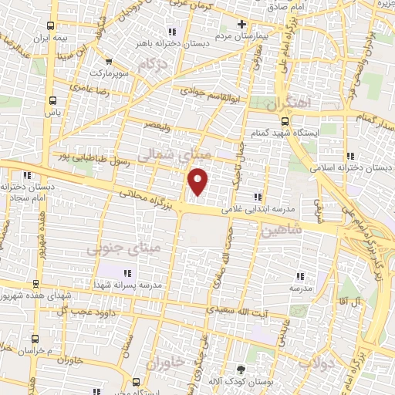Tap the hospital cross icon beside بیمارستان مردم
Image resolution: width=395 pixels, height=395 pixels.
[x=242, y=24]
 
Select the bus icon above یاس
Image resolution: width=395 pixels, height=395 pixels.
[x=52, y=100]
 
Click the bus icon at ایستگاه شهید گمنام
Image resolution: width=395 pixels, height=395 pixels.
[x=285, y=121]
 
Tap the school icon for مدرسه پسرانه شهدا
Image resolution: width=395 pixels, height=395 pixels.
[x=127, y=272]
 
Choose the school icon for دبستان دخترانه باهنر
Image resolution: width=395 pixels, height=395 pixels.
[x=171, y=32]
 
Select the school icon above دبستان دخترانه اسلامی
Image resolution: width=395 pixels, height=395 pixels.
[x=351, y=153]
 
